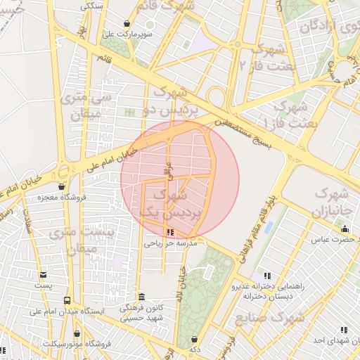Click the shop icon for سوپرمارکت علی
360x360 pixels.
click(127, 23)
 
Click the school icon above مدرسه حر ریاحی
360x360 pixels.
click(169, 232)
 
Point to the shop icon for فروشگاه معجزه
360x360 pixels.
click(63, 186)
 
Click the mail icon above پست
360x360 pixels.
click(44, 275)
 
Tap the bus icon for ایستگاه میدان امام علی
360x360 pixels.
click(67, 300)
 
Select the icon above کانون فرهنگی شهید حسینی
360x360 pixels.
click(142, 297)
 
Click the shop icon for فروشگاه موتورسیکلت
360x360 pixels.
click(77, 334)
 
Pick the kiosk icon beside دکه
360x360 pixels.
click(194, 340)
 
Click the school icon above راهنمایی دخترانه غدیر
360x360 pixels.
click(266, 276)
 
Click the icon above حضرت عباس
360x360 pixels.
click(345, 229)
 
